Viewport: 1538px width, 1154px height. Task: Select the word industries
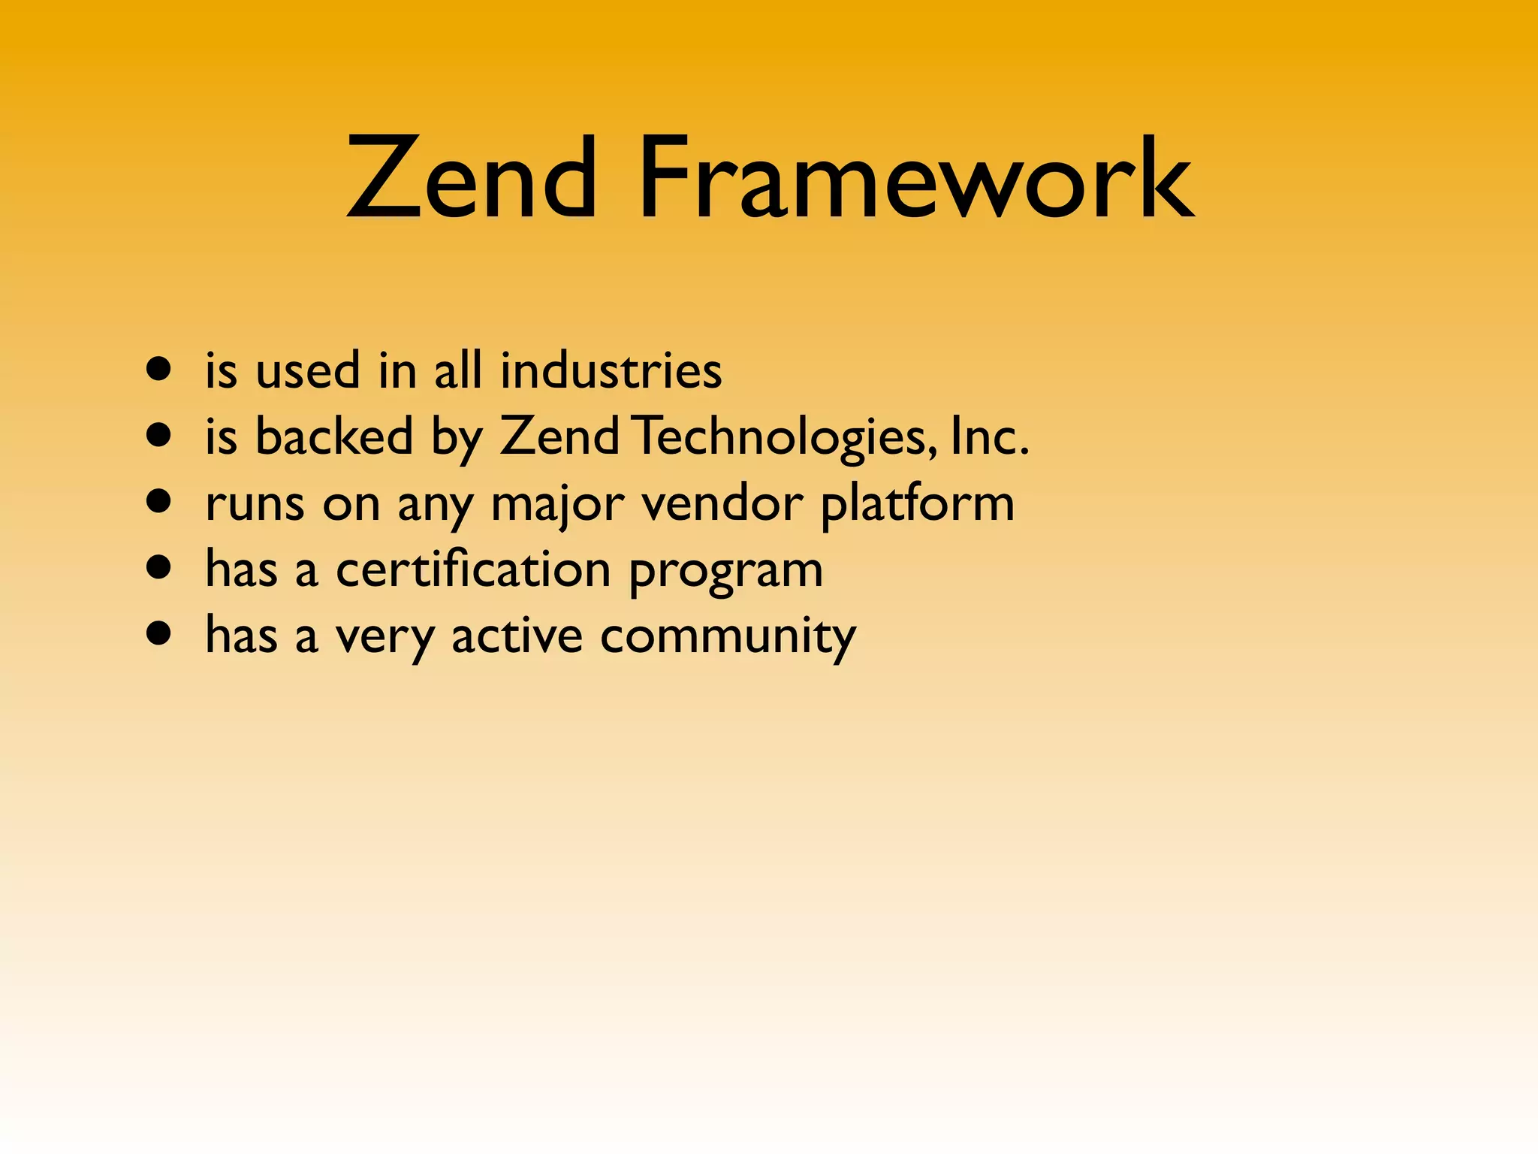click(x=611, y=370)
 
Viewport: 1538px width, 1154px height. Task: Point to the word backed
click(x=334, y=436)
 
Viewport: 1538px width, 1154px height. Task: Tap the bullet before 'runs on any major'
click(x=158, y=501)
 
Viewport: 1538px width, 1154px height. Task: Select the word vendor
click(x=722, y=503)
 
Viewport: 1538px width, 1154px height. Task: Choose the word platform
click(x=917, y=504)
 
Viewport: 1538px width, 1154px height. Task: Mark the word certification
click(x=473, y=569)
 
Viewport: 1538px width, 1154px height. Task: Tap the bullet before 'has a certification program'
click(x=158, y=567)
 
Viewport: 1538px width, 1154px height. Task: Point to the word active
click(x=517, y=636)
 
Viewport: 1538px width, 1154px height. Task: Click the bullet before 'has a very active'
click(x=158, y=633)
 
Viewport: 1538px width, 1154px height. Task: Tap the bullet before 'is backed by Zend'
click(x=158, y=435)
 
